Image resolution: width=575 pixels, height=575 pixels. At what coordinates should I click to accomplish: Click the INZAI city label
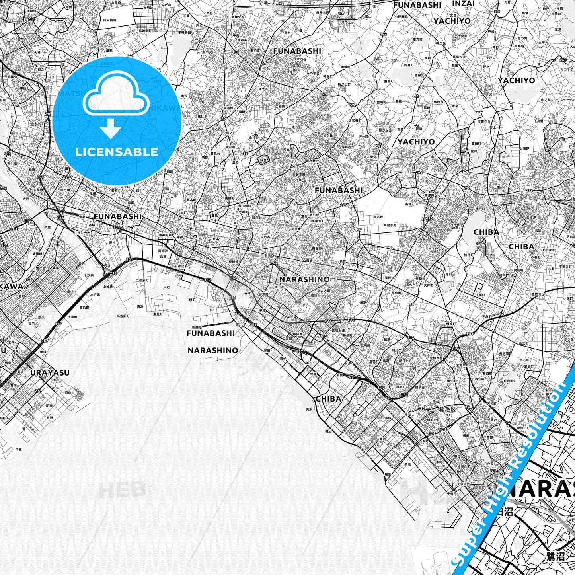[x=464, y=4]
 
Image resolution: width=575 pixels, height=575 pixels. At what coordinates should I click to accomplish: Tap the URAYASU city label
[x=50, y=373]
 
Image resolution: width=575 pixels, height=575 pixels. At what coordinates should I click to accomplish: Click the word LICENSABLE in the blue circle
[x=117, y=152]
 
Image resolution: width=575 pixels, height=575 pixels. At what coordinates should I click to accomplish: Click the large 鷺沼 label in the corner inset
[x=556, y=556]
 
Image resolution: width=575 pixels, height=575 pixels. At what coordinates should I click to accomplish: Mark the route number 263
[x=563, y=60]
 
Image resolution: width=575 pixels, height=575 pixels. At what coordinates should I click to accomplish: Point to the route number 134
[x=421, y=409]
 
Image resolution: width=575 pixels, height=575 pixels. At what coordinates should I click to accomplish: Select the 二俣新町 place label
[x=142, y=280]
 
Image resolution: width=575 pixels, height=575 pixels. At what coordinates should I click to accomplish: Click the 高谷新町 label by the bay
[x=123, y=316]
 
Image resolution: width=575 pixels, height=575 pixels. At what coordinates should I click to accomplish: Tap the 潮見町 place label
[x=158, y=314]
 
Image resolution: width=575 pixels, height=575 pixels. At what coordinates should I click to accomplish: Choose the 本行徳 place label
[x=95, y=294]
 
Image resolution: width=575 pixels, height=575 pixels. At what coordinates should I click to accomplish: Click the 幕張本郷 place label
[x=338, y=330]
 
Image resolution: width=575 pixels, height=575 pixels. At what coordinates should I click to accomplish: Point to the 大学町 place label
[x=462, y=36]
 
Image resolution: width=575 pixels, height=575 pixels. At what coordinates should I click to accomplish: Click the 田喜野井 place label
[x=318, y=248]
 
